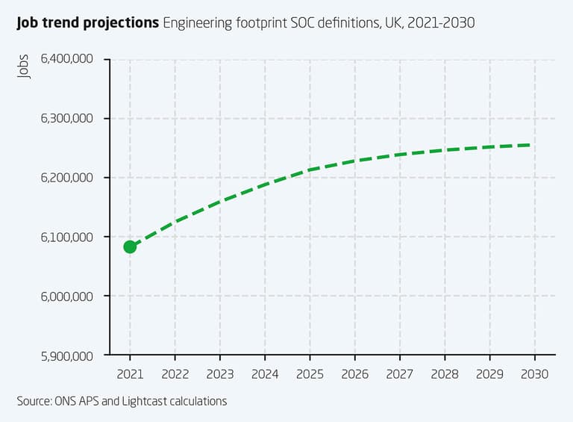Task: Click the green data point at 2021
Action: [130, 246]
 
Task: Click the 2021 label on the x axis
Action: [130, 373]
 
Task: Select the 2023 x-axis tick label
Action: [219, 373]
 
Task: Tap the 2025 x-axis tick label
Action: [310, 373]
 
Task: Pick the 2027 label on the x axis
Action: [400, 373]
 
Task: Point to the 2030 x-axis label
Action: [534, 373]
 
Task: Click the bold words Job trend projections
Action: [88, 23]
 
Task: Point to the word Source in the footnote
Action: [34, 401]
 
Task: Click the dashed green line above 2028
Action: [445, 150]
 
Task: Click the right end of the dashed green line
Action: [530, 145]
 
